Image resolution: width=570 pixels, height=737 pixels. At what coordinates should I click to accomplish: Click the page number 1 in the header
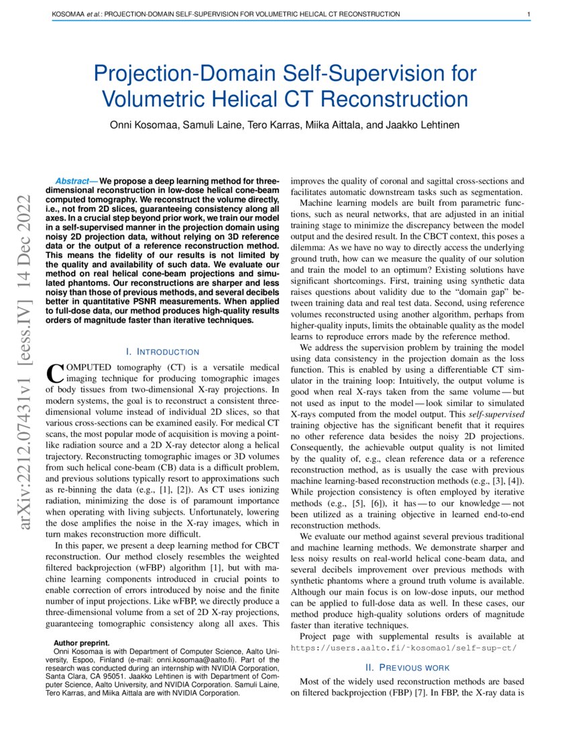click(529, 14)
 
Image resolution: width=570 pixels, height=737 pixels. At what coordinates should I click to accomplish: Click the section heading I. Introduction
click(162, 352)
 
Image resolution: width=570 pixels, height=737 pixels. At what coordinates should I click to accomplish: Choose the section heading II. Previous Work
click(407, 667)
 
